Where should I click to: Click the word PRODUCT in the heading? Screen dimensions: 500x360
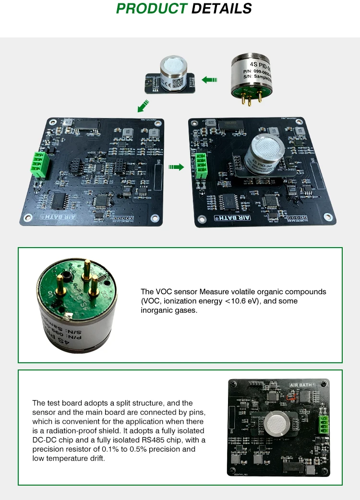[152, 9]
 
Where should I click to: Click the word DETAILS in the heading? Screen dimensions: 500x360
[221, 9]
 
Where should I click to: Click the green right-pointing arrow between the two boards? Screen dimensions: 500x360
[176, 167]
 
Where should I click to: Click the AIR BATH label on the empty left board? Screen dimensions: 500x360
[54, 217]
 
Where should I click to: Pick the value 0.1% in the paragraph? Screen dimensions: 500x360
[129, 449]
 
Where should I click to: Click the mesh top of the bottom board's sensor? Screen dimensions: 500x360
[277, 421]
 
